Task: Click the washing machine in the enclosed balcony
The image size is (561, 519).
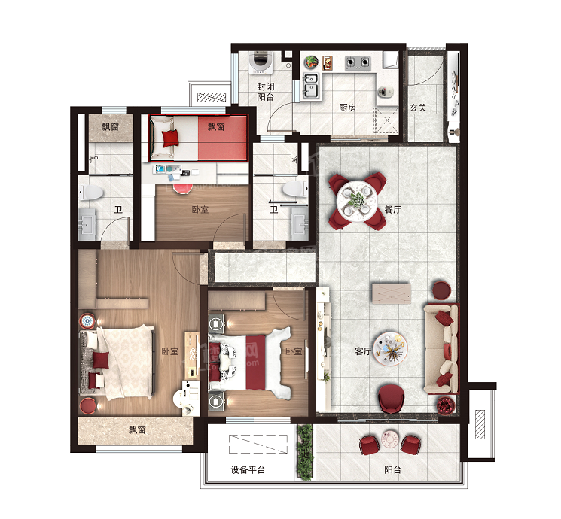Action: (x=261, y=63)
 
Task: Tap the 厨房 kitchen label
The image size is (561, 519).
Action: (x=347, y=108)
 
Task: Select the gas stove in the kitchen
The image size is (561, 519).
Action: (x=358, y=63)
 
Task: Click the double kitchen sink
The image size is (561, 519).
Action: (x=310, y=86)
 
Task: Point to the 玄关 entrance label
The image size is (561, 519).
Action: (x=418, y=108)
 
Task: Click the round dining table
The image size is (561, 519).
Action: (x=356, y=201)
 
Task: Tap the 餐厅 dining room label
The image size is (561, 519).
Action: (x=392, y=209)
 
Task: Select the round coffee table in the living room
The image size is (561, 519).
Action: (x=390, y=349)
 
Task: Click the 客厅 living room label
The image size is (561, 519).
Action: (x=363, y=351)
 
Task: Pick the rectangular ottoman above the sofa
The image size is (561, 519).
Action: (x=392, y=293)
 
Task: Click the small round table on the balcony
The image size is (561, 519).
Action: (x=390, y=440)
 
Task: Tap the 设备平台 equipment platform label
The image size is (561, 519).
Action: (x=248, y=469)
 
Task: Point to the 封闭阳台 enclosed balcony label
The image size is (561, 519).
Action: (x=266, y=92)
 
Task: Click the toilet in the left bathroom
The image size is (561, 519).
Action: (x=91, y=193)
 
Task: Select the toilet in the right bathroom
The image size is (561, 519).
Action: (x=295, y=189)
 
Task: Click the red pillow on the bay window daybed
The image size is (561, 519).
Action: (x=170, y=138)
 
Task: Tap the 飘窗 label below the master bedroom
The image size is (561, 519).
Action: (x=137, y=429)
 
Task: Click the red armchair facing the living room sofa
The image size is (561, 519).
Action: (x=392, y=399)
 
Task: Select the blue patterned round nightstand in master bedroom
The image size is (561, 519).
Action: (x=87, y=321)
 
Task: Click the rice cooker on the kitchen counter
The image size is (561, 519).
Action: (x=386, y=92)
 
